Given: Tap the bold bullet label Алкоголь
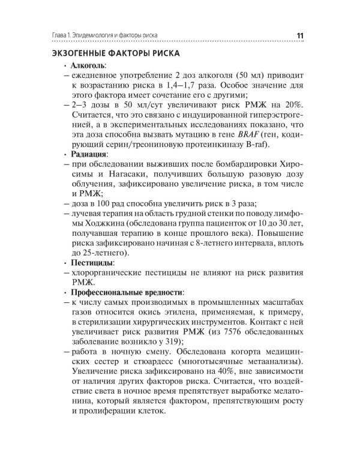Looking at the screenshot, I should click(x=89, y=65).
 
